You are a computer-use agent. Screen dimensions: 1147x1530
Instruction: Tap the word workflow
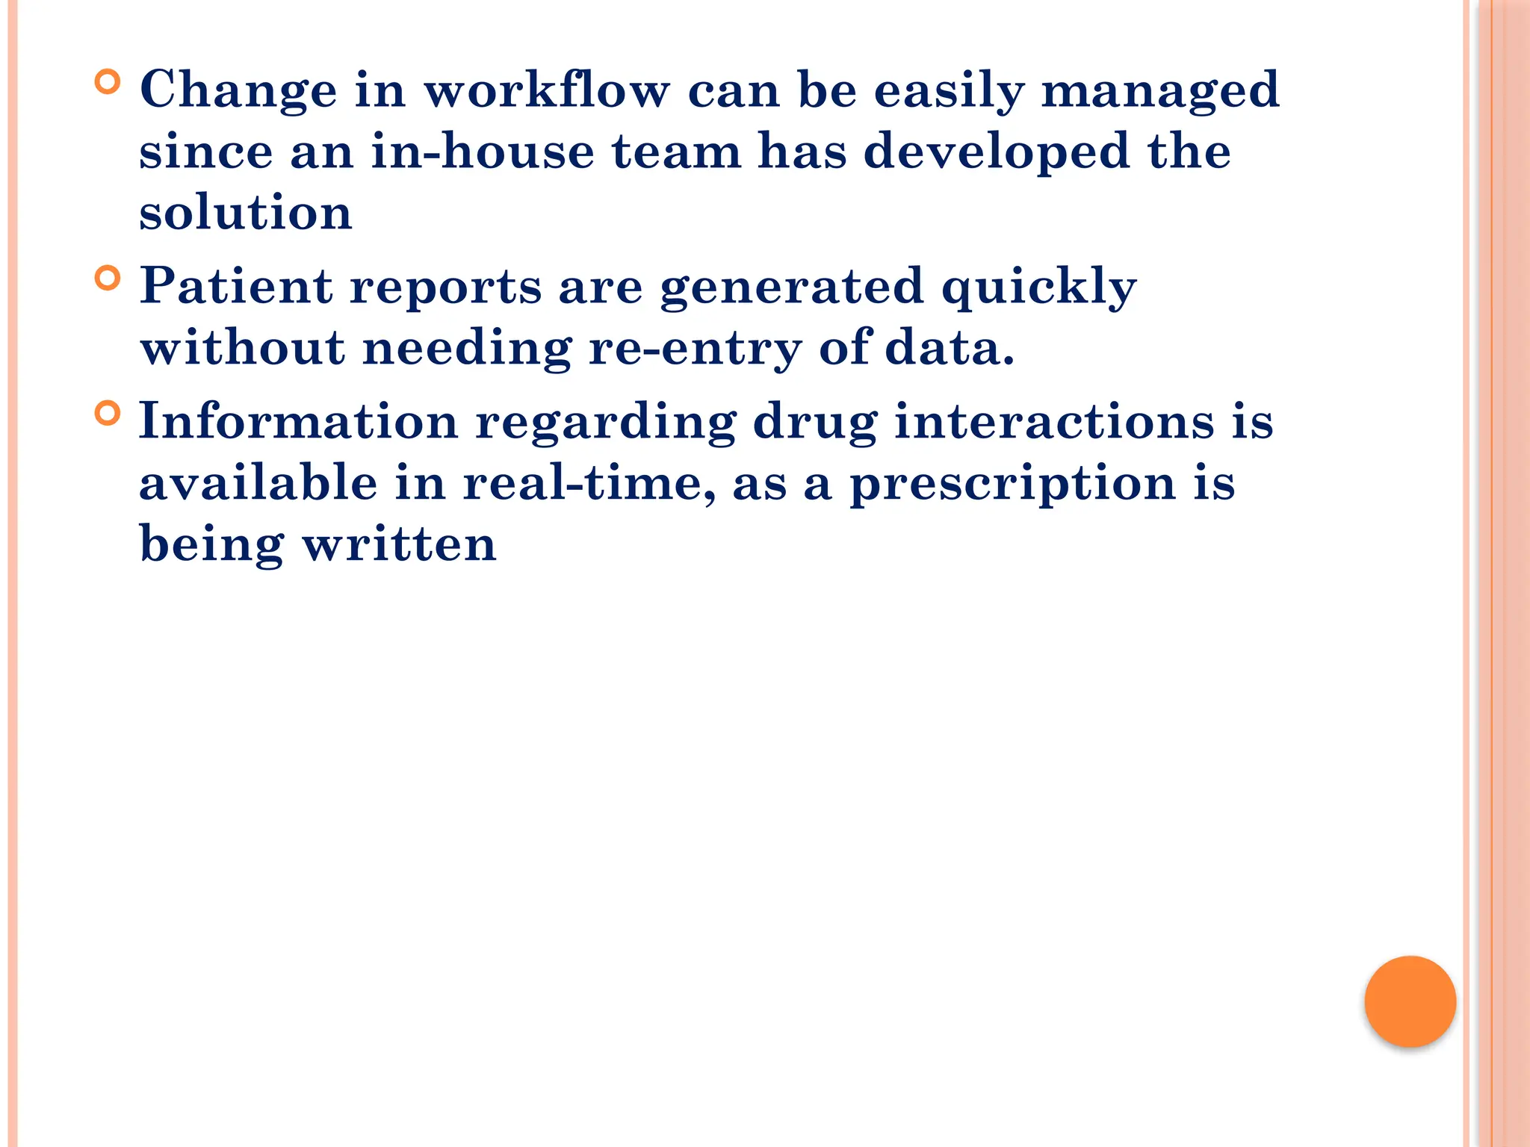(547, 90)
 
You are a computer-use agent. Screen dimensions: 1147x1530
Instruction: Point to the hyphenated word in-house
(483, 151)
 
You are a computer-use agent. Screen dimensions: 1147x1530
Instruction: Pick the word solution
(246, 212)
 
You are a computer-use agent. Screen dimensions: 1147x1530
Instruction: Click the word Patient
(236, 286)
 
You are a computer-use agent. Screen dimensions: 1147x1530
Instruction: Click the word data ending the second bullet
(950, 348)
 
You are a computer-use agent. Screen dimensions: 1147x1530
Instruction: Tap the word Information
(299, 421)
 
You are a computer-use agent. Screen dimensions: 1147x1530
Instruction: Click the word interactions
(1054, 421)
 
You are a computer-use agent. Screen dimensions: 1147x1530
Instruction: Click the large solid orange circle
(1410, 1001)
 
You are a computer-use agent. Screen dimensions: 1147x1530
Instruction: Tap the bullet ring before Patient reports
(108, 279)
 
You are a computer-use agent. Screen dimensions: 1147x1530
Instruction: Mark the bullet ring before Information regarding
(108, 413)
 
